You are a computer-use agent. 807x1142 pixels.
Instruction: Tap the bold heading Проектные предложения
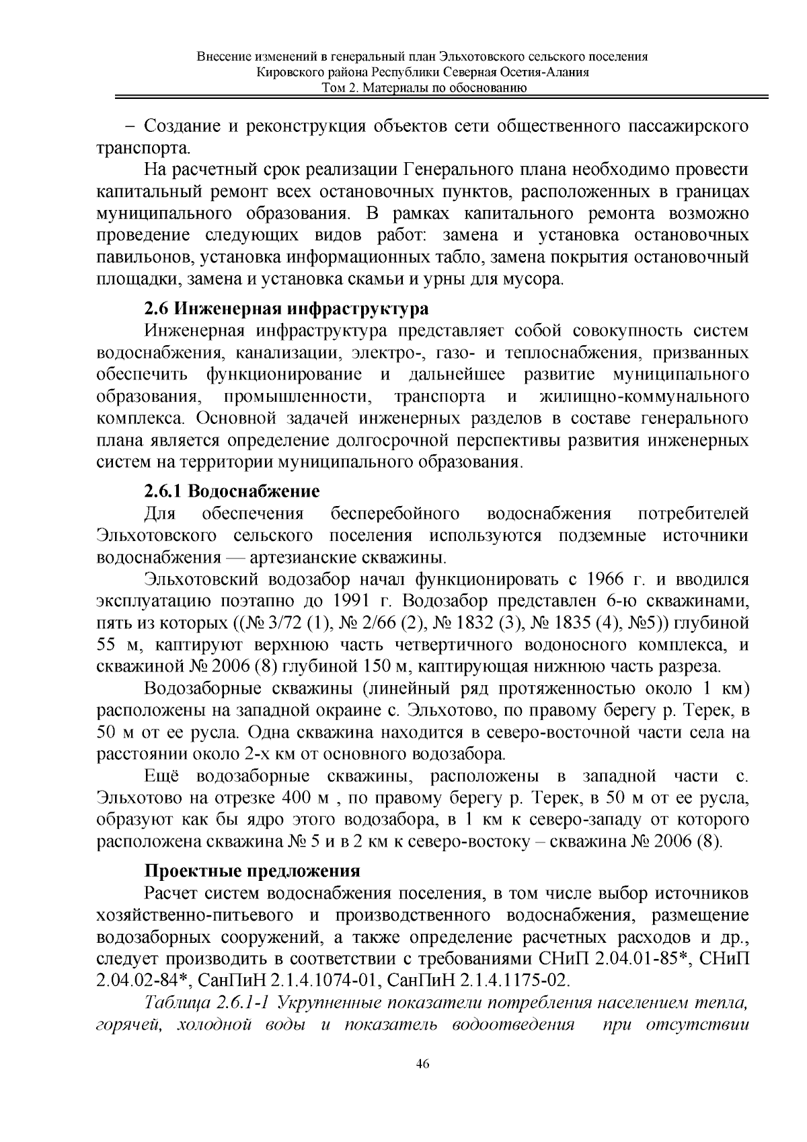pyautogui.click(x=252, y=871)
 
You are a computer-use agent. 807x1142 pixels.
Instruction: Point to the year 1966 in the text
pyautogui.click(x=609, y=579)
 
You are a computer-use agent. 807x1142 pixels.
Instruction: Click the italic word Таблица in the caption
pyautogui.click(x=178, y=1003)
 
